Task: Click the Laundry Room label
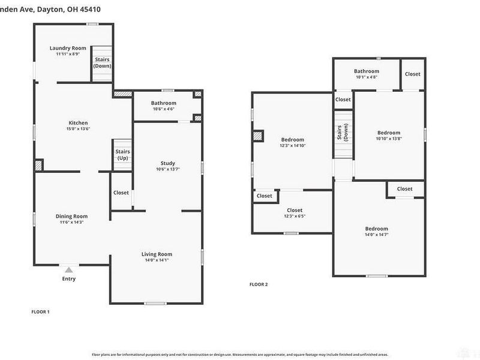67,48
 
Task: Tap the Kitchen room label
77,123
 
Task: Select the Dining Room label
71,216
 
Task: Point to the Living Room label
157,254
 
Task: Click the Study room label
167,163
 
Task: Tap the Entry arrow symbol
69,270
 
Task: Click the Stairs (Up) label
122,155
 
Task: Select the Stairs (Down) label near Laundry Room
102,62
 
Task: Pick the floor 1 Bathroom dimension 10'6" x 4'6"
163,109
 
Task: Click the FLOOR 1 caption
40,311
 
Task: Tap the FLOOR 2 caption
259,284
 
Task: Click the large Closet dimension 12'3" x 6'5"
295,216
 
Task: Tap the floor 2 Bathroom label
366,71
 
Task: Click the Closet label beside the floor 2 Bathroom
413,74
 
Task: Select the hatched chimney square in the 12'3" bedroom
258,136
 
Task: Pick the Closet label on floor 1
121,193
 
